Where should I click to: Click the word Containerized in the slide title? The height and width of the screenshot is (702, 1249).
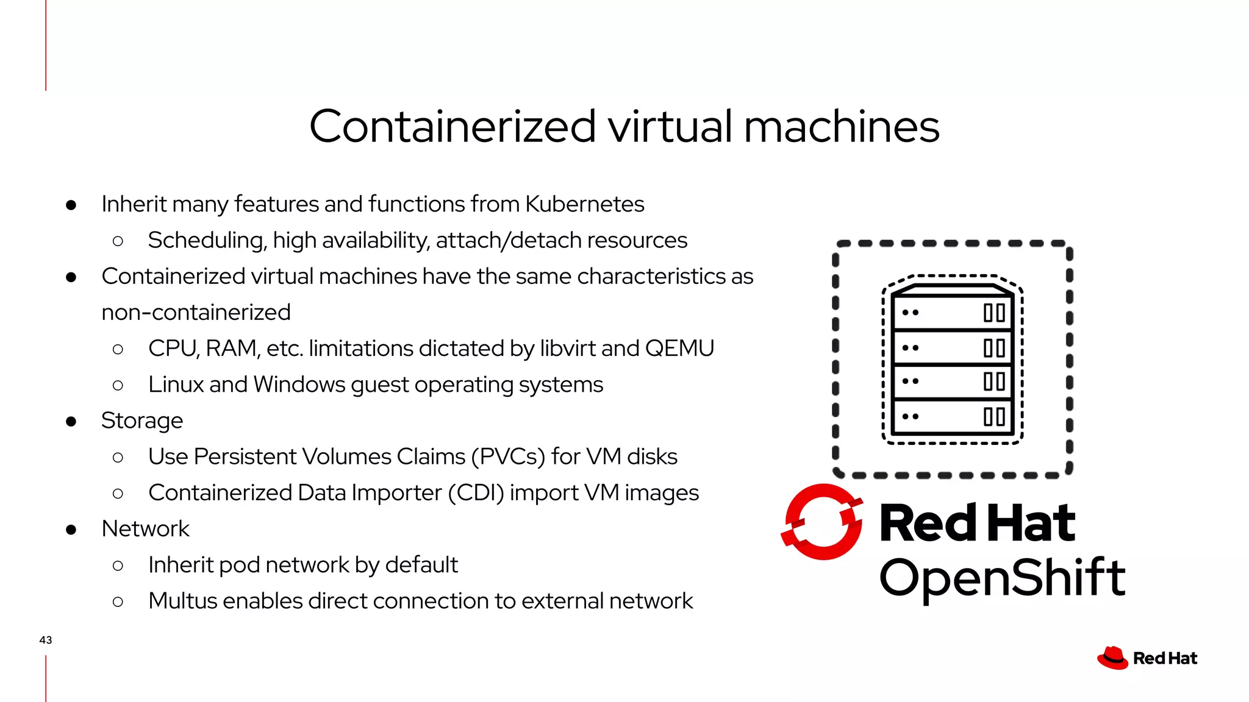[452, 127]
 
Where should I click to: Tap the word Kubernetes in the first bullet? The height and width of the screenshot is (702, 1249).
[584, 204]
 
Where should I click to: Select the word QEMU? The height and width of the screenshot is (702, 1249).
[679, 349]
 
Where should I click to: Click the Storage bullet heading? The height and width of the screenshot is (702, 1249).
[142, 420]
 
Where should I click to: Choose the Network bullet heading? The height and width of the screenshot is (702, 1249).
[145, 529]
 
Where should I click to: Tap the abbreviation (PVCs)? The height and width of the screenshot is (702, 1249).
[508, 456]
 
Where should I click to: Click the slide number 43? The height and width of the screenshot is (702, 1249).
[46, 640]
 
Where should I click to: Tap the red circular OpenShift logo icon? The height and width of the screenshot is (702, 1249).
[822, 522]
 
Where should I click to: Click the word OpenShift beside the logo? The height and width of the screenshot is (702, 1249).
[1002, 578]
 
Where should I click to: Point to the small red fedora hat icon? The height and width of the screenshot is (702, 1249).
[1112, 658]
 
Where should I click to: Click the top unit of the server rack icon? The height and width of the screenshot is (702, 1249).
[952, 313]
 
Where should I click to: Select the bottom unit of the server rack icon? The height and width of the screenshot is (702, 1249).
[952, 417]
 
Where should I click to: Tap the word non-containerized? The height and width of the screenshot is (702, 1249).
[196, 313]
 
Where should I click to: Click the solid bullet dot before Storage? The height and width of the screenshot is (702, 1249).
[71, 421]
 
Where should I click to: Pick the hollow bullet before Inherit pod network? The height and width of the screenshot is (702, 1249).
[118, 565]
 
